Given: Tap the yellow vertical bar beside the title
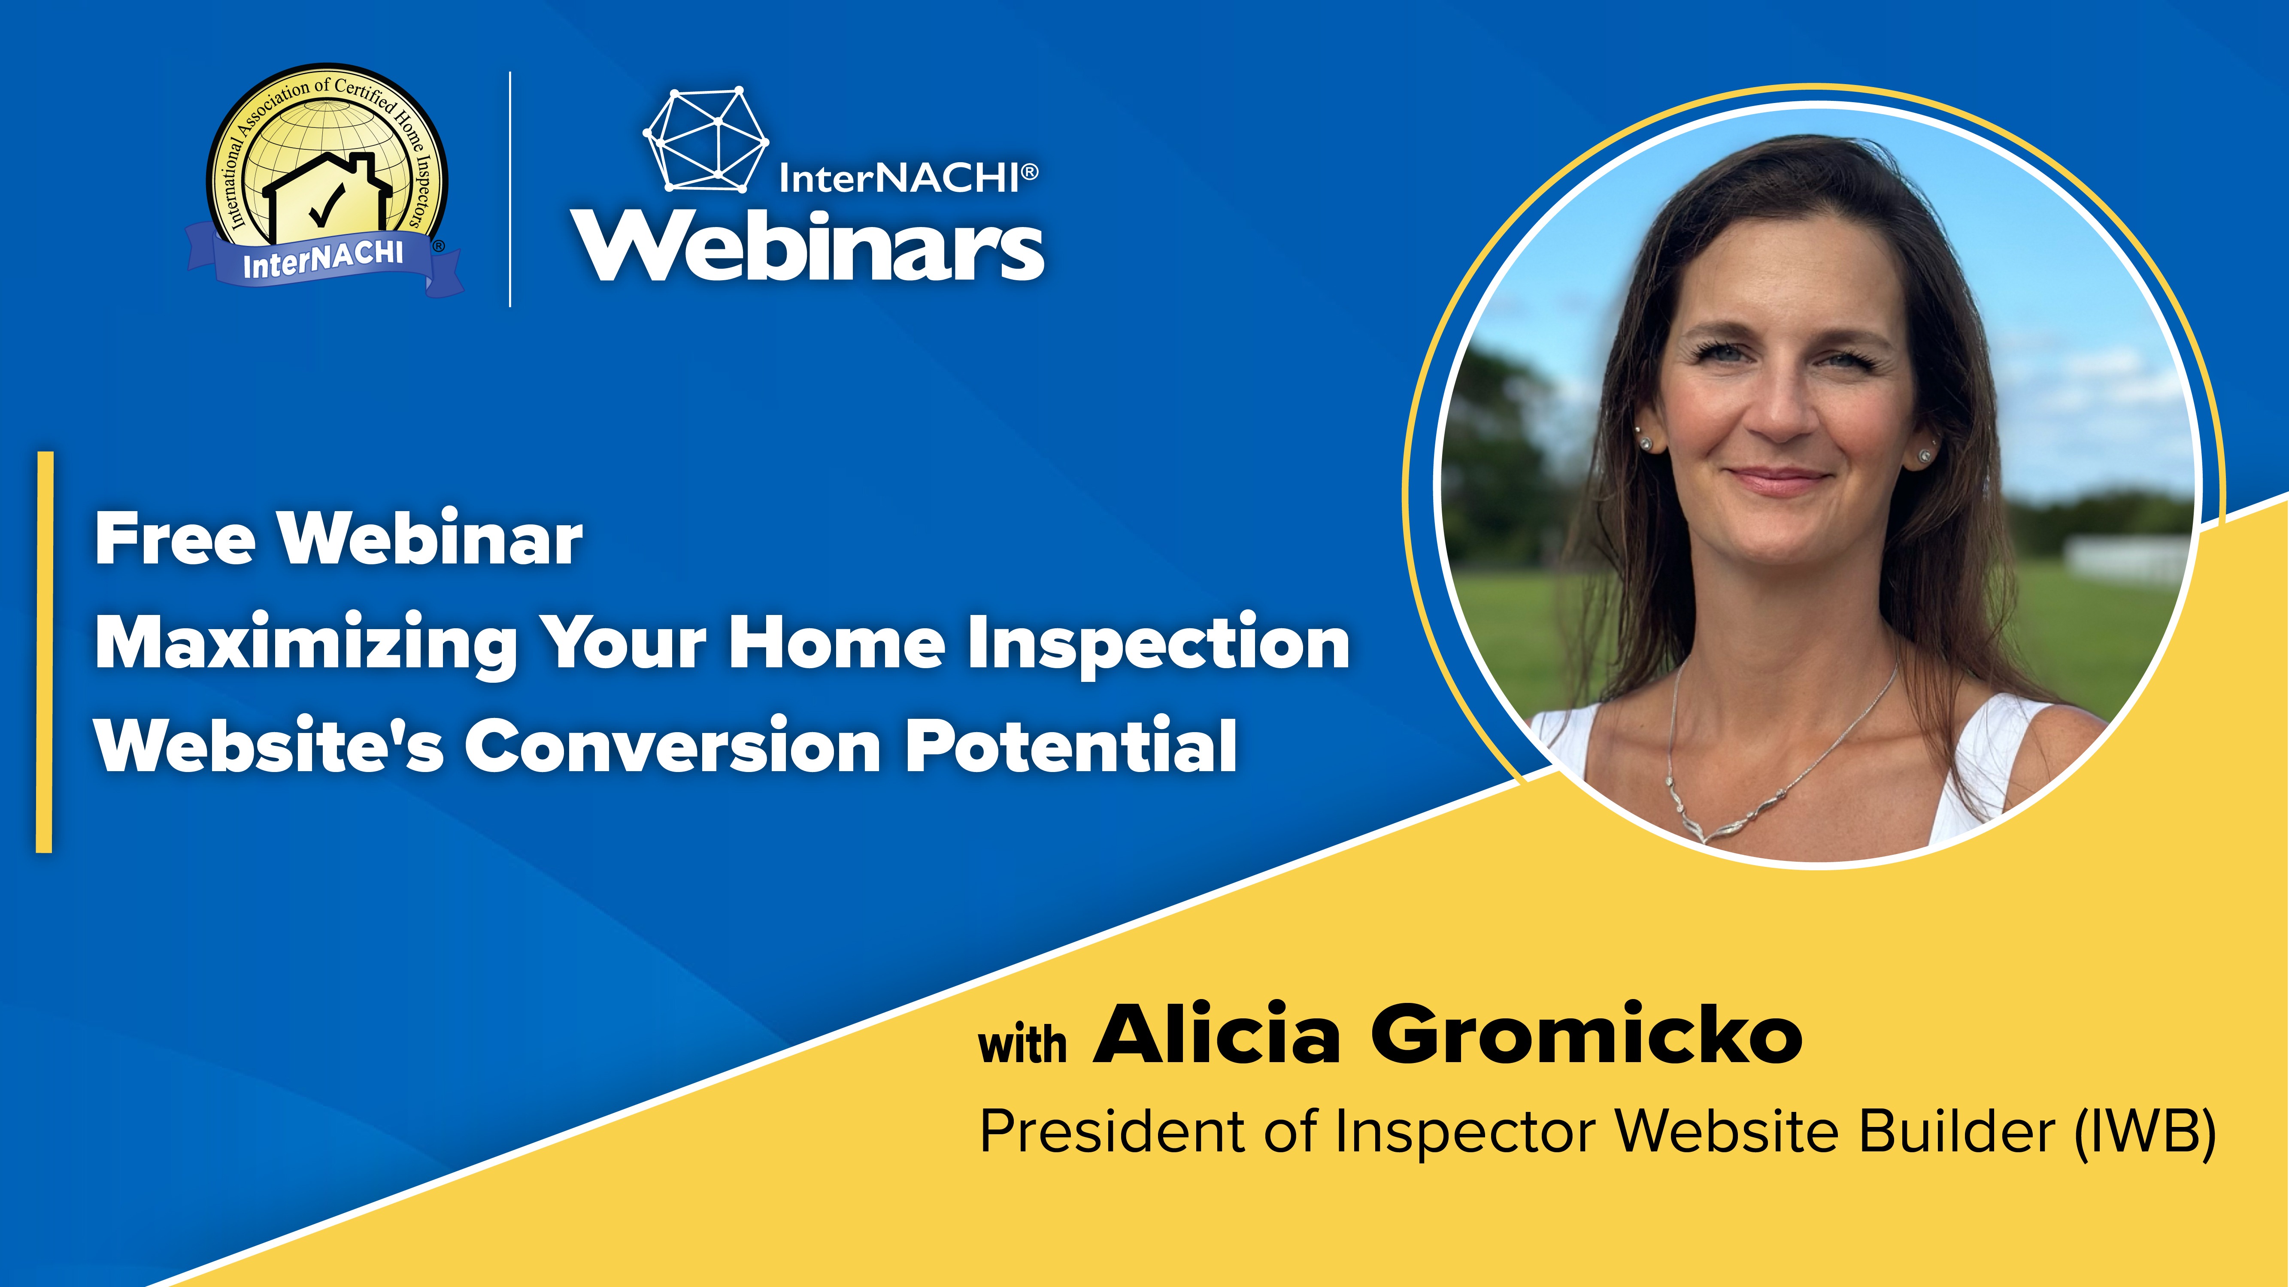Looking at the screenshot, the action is coord(45,652).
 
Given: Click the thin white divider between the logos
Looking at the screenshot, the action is coord(510,189).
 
